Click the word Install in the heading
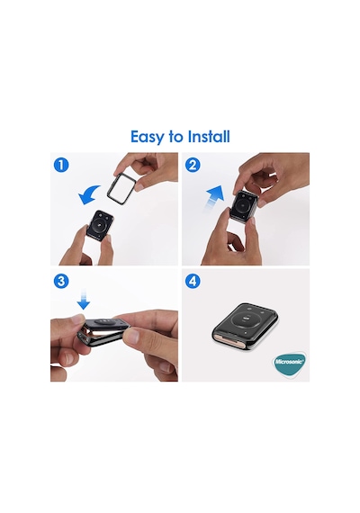click(209, 136)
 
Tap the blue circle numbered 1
click(61, 165)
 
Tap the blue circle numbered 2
click(193, 165)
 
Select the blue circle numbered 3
click(61, 281)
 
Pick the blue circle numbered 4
click(193, 281)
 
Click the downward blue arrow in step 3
click(84, 299)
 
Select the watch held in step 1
click(100, 225)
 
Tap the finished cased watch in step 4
click(246, 326)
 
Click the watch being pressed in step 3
click(104, 330)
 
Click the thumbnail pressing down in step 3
click(77, 318)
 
